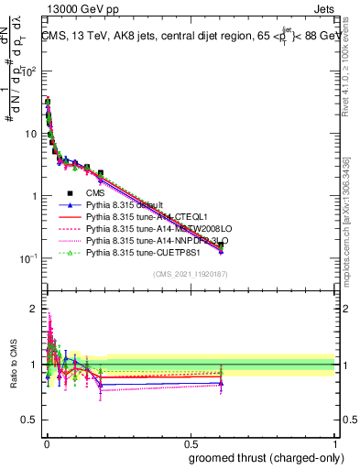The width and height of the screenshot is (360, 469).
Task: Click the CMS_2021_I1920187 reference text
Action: [x=190, y=274]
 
